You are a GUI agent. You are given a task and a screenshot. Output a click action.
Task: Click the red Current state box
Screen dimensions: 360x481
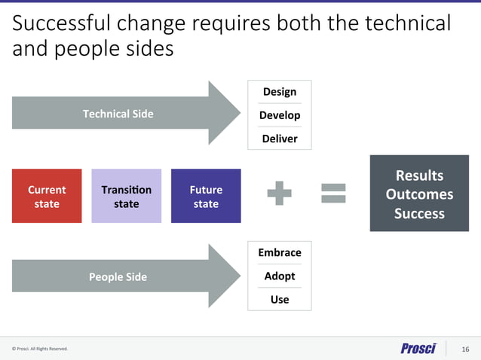[x=47, y=196]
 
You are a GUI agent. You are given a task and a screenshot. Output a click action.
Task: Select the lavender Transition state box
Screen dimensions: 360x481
[x=126, y=196]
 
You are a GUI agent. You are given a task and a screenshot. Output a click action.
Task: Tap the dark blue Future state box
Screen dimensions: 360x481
[x=206, y=196]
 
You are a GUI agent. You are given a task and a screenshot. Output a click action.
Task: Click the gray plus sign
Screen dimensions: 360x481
[x=279, y=194]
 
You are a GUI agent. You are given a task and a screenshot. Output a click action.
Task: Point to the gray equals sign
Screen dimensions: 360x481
[x=333, y=194]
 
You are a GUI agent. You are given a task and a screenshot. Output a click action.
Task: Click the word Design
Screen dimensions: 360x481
[x=279, y=92]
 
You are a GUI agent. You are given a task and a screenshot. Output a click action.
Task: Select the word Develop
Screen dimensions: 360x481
[x=279, y=115]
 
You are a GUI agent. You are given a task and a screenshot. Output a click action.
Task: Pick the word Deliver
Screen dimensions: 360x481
[x=279, y=139]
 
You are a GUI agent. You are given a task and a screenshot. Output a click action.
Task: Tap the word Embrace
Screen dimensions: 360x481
[x=279, y=252]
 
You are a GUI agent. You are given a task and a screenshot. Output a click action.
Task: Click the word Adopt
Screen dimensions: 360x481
[x=279, y=276]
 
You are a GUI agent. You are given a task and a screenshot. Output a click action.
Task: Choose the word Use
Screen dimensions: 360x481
[x=279, y=299]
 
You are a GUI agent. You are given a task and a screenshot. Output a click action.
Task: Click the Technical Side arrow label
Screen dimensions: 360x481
[x=118, y=114]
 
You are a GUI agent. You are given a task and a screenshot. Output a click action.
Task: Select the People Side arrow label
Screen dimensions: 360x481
[x=118, y=276]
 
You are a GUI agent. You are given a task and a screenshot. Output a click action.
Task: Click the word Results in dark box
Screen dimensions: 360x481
[x=419, y=175]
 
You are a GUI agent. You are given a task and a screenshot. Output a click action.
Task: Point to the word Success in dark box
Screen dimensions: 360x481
[x=419, y=213]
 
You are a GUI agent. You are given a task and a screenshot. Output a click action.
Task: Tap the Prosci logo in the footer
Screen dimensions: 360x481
[x=418, y=348]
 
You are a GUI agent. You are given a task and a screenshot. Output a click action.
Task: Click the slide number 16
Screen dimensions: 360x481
[x=465, y=349]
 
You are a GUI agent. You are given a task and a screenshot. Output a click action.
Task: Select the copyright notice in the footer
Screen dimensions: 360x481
[x=39, y=349]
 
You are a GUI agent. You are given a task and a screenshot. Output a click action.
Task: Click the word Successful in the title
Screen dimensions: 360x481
[x=61, y=24]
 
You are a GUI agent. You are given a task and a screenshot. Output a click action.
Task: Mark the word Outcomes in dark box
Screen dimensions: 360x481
[x=419, y=194]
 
